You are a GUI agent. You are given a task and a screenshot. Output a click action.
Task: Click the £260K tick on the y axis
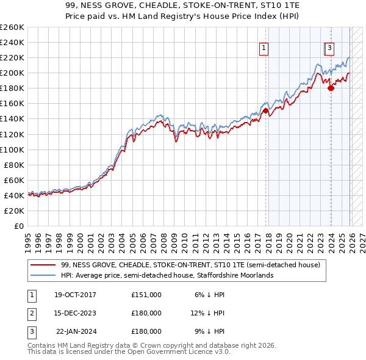coord(12,27)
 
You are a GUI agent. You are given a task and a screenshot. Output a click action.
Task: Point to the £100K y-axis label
coord(12,149)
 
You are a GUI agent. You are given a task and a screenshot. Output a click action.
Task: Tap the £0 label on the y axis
coord(18,226)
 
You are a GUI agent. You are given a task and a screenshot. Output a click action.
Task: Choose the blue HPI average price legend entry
coord(167,275)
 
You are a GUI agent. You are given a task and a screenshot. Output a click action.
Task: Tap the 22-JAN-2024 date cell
coord(76,331)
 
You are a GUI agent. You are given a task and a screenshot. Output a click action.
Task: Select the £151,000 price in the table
coord(146,295)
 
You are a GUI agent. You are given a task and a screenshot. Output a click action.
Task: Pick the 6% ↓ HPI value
coord(209,295)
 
